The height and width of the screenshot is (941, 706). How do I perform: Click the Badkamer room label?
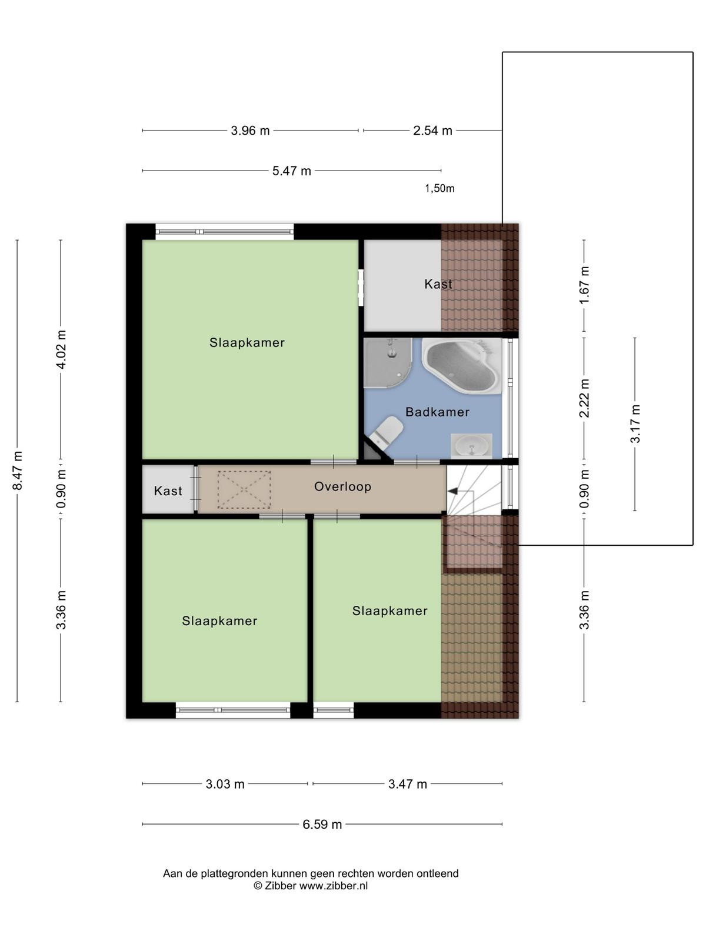pyautogui.click(x=437, y=412)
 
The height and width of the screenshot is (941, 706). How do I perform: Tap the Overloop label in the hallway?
pyautogui.click(x=342, y=486)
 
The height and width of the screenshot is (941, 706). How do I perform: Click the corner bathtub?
pyautogui.click(x=461, y=366)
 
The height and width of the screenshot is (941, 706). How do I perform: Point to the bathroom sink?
pyautogui.click(x=471, y=445)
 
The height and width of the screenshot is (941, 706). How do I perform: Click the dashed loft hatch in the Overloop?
pyautogui.click(x=244, y=489)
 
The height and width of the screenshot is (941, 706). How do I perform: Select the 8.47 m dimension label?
pyautogui.click(x=17, y=470)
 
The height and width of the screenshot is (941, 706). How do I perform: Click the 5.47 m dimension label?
pyautogui.click(x=291, y=171)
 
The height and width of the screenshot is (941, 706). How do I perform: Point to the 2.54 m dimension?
pyautogui.click(x=432, y=131)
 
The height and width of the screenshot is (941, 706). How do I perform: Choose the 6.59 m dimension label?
pyautogui.click(x=322, y=824)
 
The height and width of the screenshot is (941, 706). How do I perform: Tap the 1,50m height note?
pyautogui.click(x=440, y=188)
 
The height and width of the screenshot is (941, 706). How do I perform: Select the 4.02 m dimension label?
pyautogui.click(x=61, y=349)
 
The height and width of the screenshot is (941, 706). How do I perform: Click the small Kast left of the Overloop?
pyautogui.click(x=168, y=489)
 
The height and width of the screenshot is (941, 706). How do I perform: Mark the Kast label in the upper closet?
pyautogui.click(x=438, y=284)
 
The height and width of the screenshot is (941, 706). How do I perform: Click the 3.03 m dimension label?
pyautogui.click(x=225, y=784)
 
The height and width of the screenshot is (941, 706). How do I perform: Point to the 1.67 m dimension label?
pyautogui.click(x=584, y=285)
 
